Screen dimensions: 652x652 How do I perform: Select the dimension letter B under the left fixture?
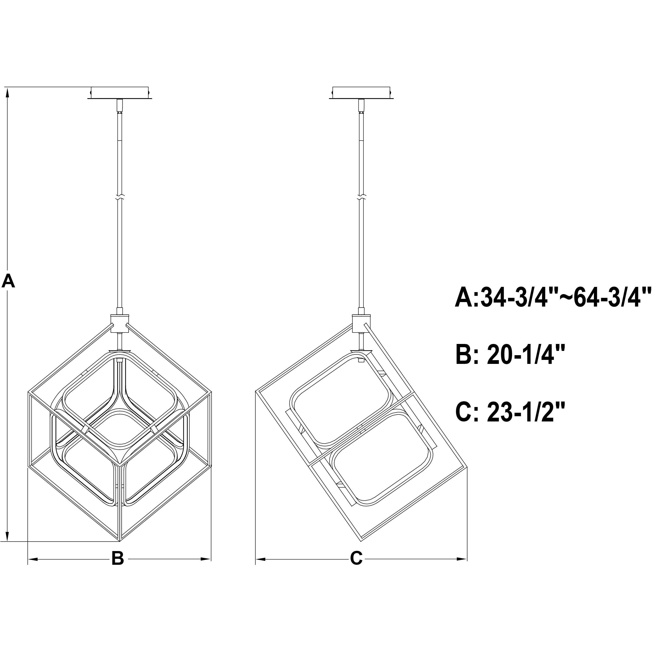coord(118,558)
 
